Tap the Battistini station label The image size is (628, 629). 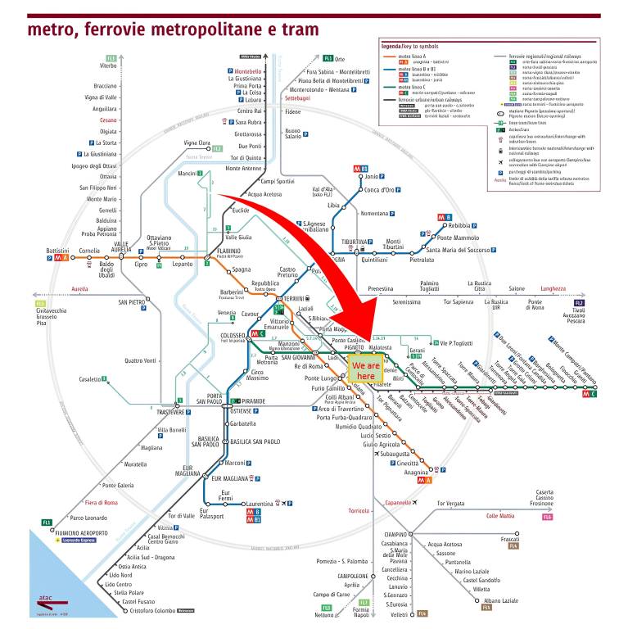tap(57, 251)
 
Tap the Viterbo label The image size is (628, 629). tap(109, 66)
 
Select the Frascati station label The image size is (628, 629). tap(509, 539)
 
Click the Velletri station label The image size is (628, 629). tap(398, 614)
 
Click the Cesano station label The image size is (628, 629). tap(109, 120)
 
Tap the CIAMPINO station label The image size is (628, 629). tap(395, 534)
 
